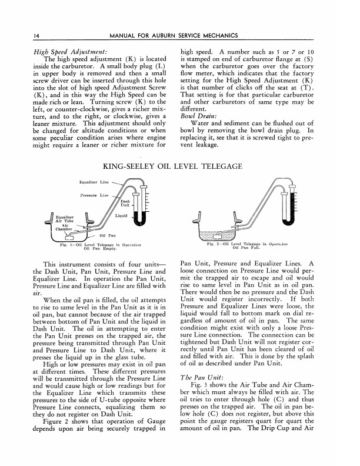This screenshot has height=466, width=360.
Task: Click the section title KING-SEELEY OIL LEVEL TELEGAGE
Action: tap(179, 167)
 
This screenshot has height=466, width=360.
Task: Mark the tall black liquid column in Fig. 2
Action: tap(292, 209)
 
